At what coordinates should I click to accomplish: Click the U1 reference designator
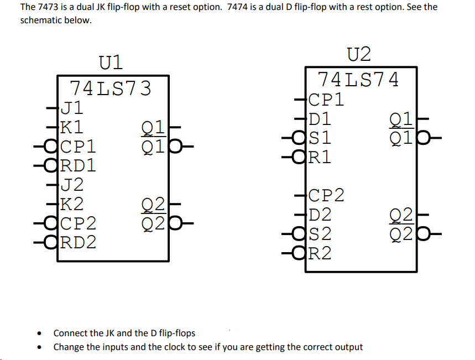111,62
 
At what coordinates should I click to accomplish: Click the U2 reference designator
359,54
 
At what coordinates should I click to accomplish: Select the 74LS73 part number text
110,88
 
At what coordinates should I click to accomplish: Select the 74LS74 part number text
358,80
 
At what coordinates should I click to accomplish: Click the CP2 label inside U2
326,195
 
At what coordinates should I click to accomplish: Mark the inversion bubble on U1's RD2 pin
53,242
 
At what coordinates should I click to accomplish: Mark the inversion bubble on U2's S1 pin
301,138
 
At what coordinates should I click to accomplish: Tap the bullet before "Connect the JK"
39,333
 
